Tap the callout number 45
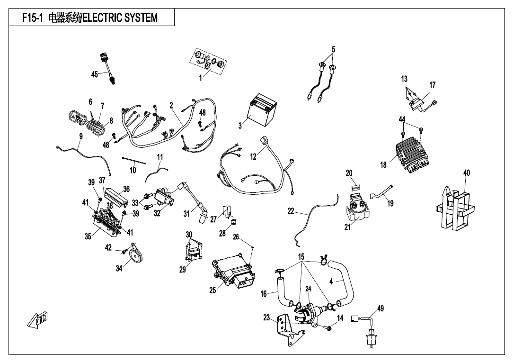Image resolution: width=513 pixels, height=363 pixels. (95, 75)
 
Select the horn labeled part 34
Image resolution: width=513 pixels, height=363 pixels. (134, 255)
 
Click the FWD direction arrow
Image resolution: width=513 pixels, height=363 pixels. (38, 320)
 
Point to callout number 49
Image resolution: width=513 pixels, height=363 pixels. (380, 309)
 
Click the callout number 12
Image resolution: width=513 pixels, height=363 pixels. (253, 156)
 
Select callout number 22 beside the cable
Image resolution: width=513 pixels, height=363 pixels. (291, 211)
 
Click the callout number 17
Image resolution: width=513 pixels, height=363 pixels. (432, 85)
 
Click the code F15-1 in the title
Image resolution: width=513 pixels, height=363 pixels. (33, 18)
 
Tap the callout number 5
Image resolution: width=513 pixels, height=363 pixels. (333, 49)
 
